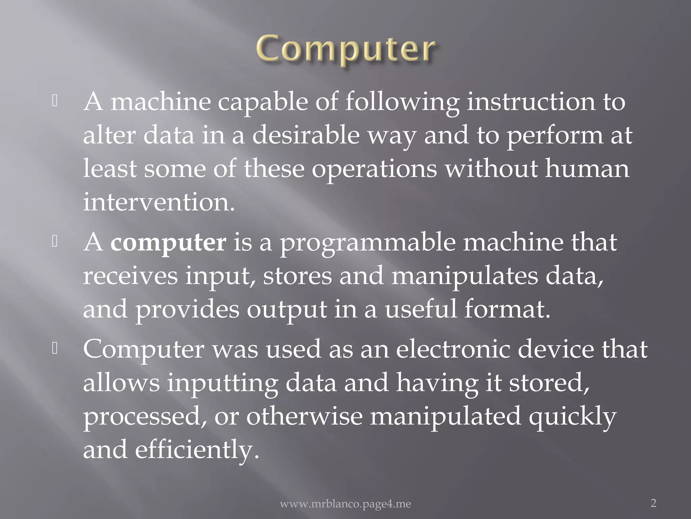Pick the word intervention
pos(159,202)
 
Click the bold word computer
pos(168,243)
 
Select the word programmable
pos(368,243)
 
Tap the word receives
pos(130,276)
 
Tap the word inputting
pos(223,383)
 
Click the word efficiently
pos(197,450)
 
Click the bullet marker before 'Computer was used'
pos(55,349)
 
